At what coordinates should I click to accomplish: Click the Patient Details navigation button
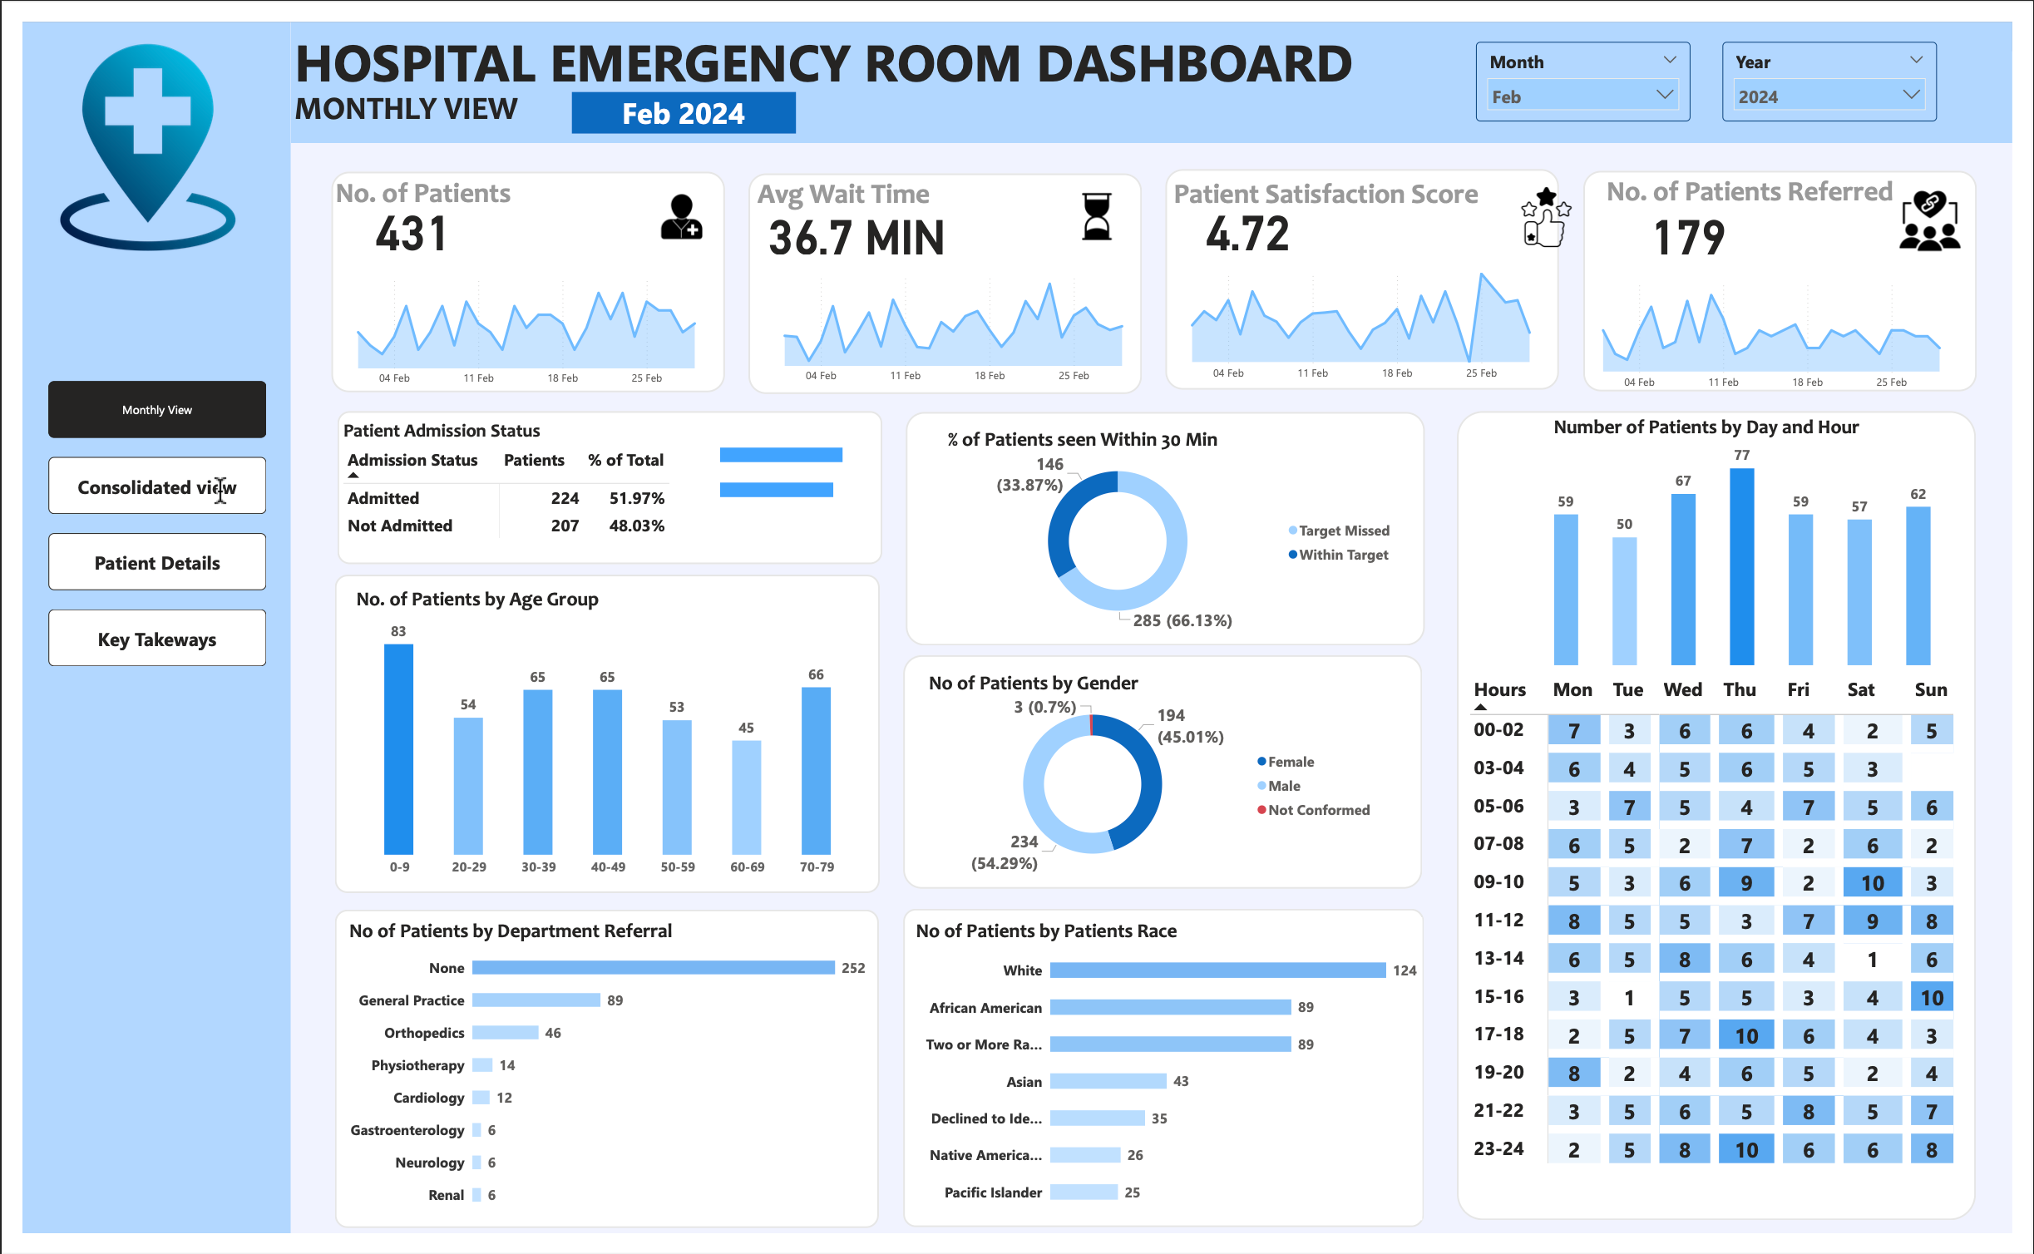pyautogui.click(x=157, y=563)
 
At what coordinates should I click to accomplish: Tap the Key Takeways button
pyautogui.click(x=157, y=639)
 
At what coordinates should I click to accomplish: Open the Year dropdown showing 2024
pyautogui.click(x=1828, y=96)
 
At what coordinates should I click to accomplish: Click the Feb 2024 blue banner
pyautogui.click(x=683, y=113)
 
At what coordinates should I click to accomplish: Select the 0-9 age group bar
pyautogui.click(x=398, y=748)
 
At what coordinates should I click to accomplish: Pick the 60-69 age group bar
pyautogui.click(x=746, y=797)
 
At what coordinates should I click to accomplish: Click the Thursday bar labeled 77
pyautogui.click(x=1741, y=565)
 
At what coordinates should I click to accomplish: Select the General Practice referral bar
pyautogui.click(x=536, y=1000)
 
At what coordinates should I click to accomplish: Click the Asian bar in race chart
pyautogui.click(x=1108, y=1081)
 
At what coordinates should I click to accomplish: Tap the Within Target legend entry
pyautogui.click(x=1342, y=555)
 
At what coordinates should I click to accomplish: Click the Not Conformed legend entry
pyautogui.click(x=1318, y=810)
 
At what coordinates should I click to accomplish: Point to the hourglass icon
pyautogui.click(x=1097, y=216)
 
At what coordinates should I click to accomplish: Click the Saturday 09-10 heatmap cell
pyautogui.click(x=1871, y=883)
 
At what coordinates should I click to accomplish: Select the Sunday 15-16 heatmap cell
pyautogui.click(x=1930, y=997)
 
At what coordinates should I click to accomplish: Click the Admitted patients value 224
pyautogui.click(x=565, y=498)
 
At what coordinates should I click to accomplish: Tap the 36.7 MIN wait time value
pyautogui.click(x=857, y=238)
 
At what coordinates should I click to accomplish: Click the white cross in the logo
pyautogui.click(x=148, y=111)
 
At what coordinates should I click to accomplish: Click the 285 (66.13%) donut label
pyautogui.click(x=1182, y=620)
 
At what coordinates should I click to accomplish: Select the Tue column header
pyautogui.click(x=1627, y=689)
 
